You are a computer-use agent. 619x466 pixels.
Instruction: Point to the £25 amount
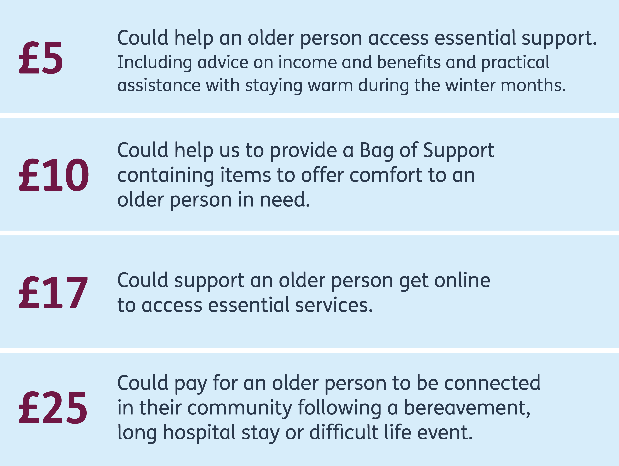[53, 407]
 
